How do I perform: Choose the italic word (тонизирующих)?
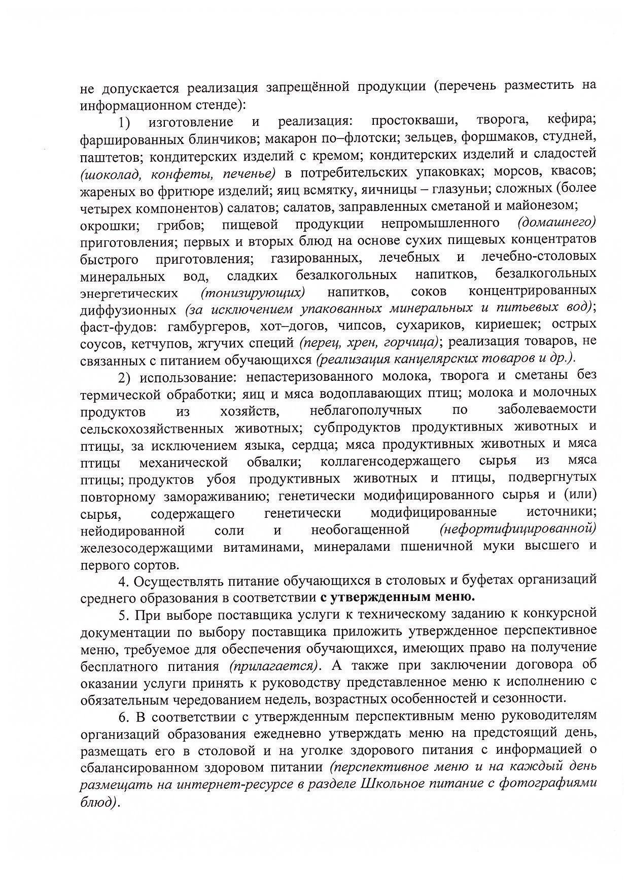click(253, 293)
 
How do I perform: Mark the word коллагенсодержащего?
click(391, 461)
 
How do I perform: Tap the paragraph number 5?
click(122, 615)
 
